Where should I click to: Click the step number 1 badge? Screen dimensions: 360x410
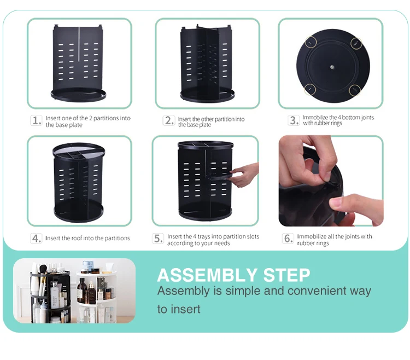[37, 121]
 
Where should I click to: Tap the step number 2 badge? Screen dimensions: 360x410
[169, 121]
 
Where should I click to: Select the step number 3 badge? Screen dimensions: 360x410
[294, 120]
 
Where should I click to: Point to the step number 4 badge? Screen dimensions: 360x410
[37, 239]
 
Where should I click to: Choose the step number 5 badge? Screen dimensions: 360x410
[159, 239]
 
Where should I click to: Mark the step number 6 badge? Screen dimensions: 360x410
[288, 239]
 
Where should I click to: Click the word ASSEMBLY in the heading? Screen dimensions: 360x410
[207, 275]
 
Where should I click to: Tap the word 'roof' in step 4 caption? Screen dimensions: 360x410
[81, 239]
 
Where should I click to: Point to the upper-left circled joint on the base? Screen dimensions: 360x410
[311, 41]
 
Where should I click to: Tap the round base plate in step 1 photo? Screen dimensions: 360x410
[78, 95]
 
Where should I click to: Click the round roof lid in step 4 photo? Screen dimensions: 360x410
[78, 150]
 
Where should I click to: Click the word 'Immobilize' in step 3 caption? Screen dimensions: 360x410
[317, 118]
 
